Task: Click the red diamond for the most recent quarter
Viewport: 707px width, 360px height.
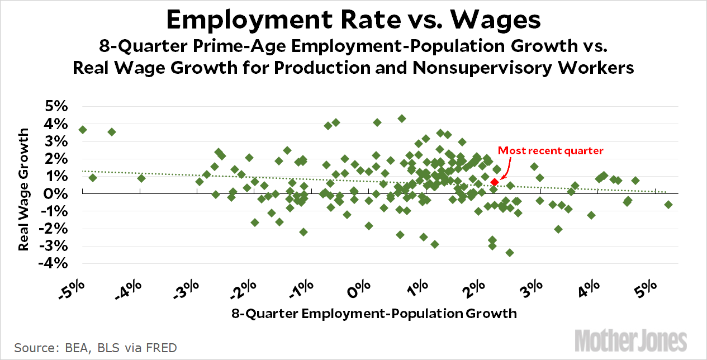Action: point(495,182)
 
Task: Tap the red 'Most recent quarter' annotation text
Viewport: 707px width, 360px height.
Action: point(551,150)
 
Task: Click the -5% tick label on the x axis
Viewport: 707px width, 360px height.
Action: point(74,291)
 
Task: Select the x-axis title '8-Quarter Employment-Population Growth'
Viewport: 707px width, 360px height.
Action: point(374,313)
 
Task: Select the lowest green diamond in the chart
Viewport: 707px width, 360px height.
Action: point(509,253)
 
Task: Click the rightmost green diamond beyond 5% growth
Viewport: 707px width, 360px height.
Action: point(668,205)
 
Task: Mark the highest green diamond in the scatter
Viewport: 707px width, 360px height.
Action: point(401,119)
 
